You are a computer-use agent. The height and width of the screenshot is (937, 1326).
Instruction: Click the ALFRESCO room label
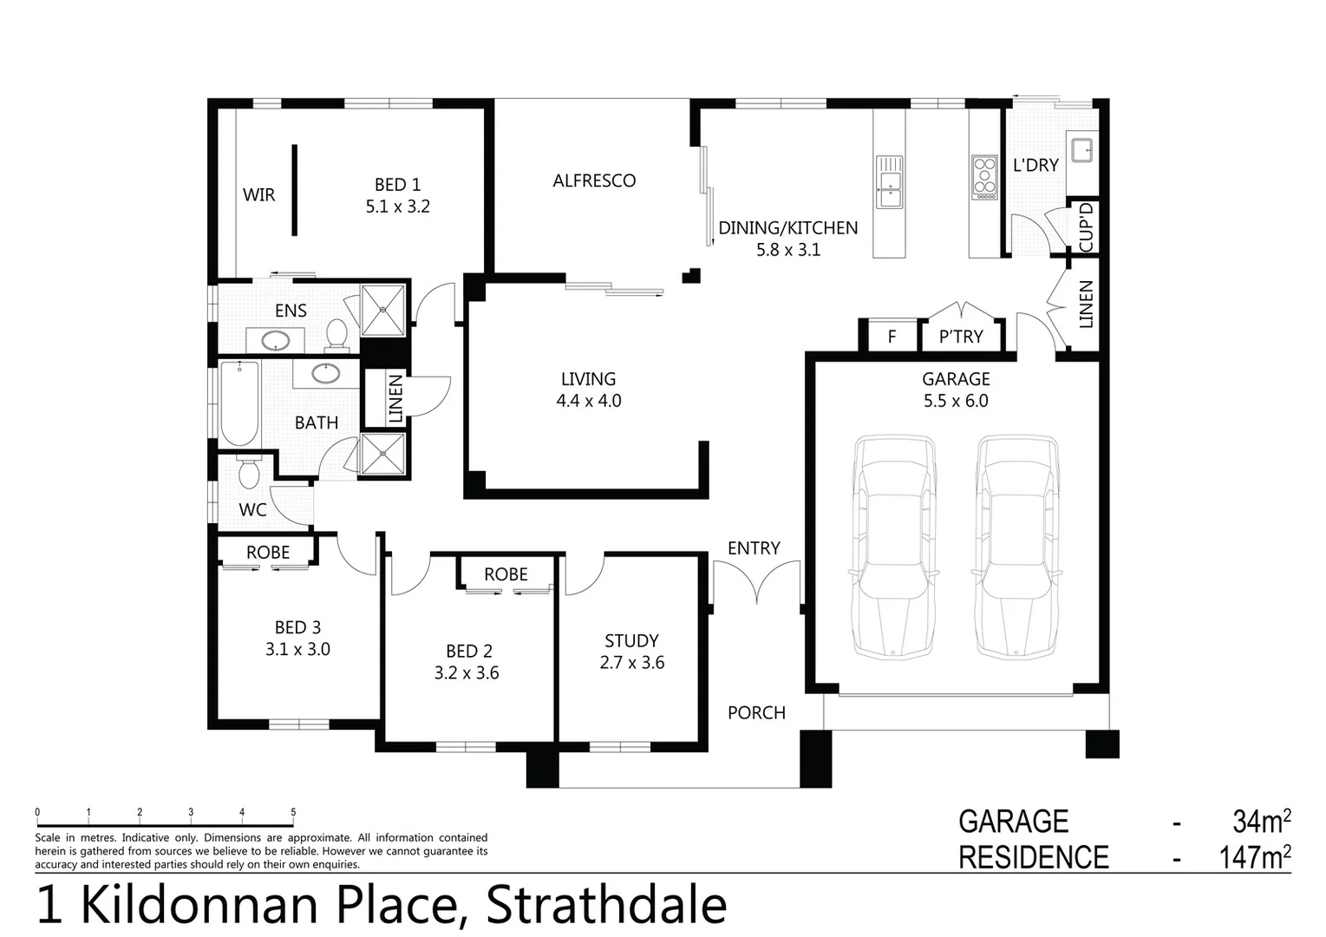point(594,180)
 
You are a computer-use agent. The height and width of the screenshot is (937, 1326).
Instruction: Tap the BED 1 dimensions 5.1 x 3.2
point(397,206)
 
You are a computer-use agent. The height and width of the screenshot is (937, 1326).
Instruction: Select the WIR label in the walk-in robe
point(258,194)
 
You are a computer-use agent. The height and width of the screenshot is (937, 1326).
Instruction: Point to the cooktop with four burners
point(984,177)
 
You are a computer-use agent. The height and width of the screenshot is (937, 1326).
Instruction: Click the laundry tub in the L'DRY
point(1083,149)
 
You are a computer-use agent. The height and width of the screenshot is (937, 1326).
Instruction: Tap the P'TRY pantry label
point(961,337)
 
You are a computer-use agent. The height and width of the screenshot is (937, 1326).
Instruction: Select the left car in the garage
point(894,547)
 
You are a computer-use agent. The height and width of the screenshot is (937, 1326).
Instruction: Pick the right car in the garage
point(1017,547)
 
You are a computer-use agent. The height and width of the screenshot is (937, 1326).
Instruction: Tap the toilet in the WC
point(249,473)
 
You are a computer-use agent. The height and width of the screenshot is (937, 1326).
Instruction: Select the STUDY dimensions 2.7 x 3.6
point(631,663)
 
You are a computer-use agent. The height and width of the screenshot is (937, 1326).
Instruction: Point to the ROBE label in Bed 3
point(268,552)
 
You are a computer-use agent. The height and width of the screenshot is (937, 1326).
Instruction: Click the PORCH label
point(756,712)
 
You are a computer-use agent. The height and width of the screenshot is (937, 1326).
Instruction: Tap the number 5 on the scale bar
point(293,813)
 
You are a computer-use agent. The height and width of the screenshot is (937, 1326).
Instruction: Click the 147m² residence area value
point(1254,857)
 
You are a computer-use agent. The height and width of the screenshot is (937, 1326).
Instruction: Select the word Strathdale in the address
point(606,905)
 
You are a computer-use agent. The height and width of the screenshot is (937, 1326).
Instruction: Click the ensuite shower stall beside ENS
point(382,310)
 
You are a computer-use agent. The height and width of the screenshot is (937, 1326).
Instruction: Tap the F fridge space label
point(892,337)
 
